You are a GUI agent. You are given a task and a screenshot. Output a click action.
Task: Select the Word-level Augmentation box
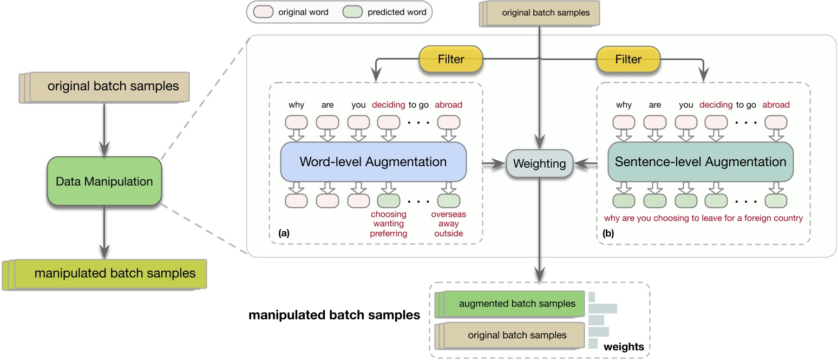[374, 161]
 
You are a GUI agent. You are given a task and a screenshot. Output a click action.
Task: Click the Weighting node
[539, 163]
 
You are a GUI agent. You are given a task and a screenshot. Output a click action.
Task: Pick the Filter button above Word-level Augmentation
[451, 60]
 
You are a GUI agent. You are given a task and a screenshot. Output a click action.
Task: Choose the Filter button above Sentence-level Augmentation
[628, 60]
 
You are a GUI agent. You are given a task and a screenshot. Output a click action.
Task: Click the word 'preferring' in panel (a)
[389, 234]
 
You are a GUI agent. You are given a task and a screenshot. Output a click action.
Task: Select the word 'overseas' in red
[448, 214]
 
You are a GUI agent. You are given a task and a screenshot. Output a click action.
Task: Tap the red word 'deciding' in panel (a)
[389, 105]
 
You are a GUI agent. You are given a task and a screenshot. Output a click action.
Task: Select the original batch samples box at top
[538, 12]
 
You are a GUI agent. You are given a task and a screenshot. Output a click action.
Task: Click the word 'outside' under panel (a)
[448, 234]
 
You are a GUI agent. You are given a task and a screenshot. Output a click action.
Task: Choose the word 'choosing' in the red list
[389, 214]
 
